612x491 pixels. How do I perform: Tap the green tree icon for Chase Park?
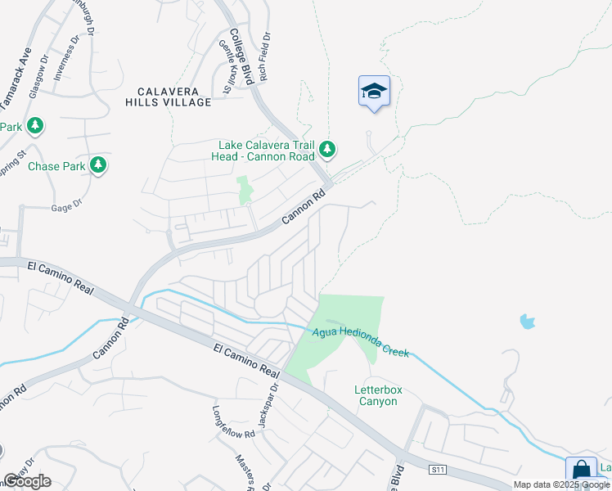[x=98, y=165]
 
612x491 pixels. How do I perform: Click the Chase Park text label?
[x=56, y=166]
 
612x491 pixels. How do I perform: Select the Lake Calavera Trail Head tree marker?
[x=327, y=149]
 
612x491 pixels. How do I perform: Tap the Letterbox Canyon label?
[x=378, y=396]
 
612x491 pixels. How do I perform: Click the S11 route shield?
[x=439, y=469]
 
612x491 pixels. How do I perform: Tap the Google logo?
[x=27, y=481]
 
